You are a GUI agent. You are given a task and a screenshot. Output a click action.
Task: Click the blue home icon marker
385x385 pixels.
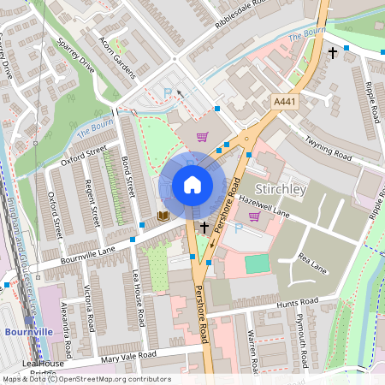(x=192, y=185)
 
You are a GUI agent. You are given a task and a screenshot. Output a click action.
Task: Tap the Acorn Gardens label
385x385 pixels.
(x=118, y=58)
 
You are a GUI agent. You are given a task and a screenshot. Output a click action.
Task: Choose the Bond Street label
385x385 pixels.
(x=128, y=176)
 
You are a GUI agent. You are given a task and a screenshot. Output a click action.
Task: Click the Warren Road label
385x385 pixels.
(x=253, y=351)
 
